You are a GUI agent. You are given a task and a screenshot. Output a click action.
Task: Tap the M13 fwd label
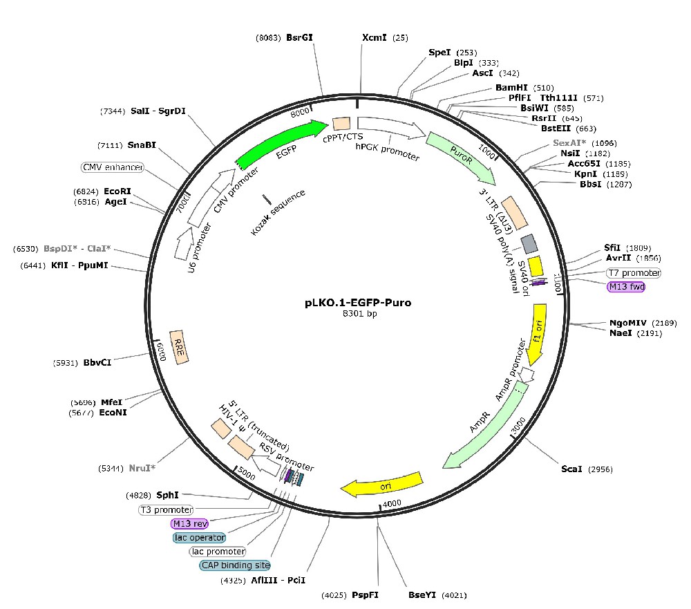coord(625,286)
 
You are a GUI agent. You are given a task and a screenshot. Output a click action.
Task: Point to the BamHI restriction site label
coord(511,88)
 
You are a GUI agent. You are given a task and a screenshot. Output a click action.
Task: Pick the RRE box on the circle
coord(179,343)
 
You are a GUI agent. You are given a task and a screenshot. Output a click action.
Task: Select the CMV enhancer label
coord(112,167)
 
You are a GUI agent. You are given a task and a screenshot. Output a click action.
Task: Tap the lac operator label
coord(199,537)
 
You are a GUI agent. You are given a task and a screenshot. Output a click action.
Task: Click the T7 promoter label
coord(633,272)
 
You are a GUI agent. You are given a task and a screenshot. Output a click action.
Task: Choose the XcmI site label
coord(375,38)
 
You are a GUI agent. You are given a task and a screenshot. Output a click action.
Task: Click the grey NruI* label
coord(142,468)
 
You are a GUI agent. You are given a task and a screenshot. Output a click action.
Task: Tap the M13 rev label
coord(191,523)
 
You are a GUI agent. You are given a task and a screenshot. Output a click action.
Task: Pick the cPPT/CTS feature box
coord(341,124)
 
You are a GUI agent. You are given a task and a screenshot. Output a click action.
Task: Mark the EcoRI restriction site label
coord(117,191)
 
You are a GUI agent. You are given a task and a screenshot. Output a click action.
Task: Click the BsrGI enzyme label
coord(300,38)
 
